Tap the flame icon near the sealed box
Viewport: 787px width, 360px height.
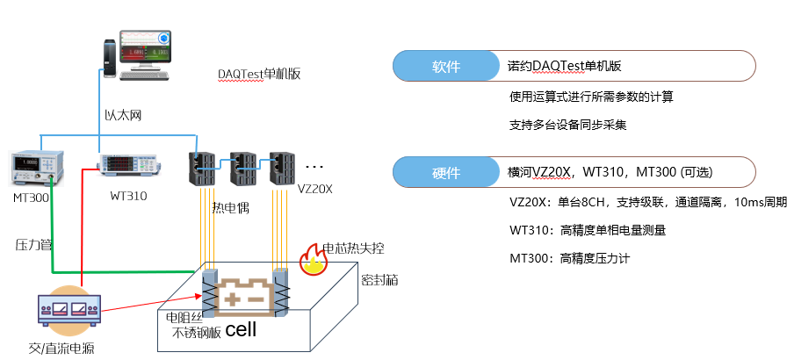point(310,261)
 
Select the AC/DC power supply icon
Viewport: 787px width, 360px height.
point(69,310)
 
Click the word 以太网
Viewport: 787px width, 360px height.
point(122,116)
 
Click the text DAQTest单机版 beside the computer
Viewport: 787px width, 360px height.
point(259,74)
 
